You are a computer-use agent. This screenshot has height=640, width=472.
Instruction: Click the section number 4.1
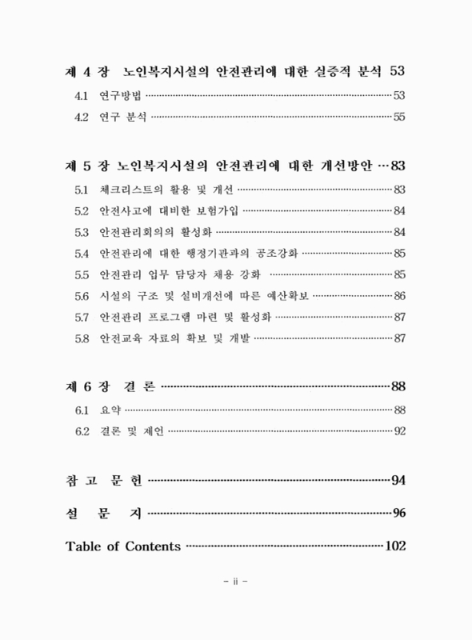pyautogui.click(x=81, y=96)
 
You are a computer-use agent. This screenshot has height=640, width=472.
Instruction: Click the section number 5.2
pyautogui.click(x=81, y=211)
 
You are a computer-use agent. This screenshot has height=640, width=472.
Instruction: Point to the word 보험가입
pyautogui.click(x=214, y=211)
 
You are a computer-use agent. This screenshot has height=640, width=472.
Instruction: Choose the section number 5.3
pyautogui.click(x=81, y=233)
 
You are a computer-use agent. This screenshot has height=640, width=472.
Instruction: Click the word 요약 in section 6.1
pyautogui.click(x=109, y=410)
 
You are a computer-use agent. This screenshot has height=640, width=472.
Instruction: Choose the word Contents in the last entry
pyautogui.click(x=153, y=546)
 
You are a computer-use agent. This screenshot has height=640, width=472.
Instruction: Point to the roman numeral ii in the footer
pyautogui.click(x=236, y=583)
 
